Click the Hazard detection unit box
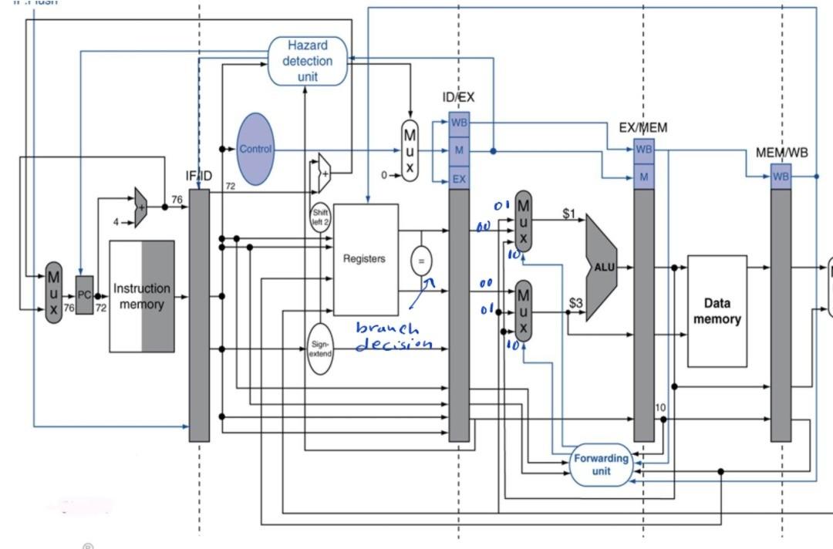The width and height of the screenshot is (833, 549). (307, 61)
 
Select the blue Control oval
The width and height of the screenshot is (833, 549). (255, 149)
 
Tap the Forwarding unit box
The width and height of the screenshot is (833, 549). (601, 464)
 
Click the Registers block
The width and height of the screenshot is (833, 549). (365, 259)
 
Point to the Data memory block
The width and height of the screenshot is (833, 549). (717, 311)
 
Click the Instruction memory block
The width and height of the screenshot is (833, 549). (142, 296)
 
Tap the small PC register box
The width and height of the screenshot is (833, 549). (84, 295)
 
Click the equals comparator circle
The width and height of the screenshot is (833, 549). (421, 261)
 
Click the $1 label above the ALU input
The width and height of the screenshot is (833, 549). (569, 214)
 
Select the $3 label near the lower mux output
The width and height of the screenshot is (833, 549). (575, 303)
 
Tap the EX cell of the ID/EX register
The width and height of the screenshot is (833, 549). (459, 179)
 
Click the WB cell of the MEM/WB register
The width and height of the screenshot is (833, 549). (781, 177)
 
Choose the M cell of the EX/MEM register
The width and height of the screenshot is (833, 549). (643, 177)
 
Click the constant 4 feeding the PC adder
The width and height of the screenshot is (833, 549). (116, 222)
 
